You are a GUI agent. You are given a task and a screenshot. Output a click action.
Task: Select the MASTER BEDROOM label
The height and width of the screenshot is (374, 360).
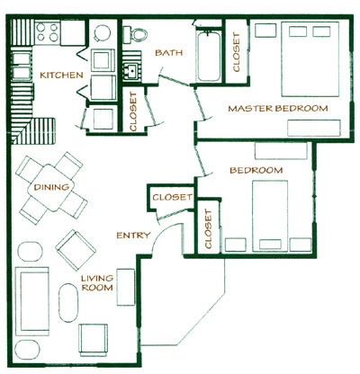click(x=277, y=108)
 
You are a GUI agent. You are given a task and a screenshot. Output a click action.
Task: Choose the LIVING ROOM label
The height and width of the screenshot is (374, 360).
click(x=95, y=284)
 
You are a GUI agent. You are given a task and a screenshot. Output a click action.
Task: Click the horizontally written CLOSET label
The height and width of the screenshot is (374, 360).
click(x=171, y=198)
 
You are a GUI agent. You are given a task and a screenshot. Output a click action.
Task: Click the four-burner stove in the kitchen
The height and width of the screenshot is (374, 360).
click(x=47, y=35)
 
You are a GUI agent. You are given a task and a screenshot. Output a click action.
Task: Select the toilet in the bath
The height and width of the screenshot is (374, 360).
click(x=138, y=32)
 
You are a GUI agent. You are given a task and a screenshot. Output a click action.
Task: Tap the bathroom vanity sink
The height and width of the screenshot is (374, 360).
click(x=133, y=69)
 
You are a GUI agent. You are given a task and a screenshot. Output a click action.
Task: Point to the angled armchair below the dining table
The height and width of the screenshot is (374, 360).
click(x=72, y=245)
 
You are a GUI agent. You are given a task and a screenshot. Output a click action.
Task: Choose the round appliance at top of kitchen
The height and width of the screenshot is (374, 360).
click(x=102, y=33)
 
